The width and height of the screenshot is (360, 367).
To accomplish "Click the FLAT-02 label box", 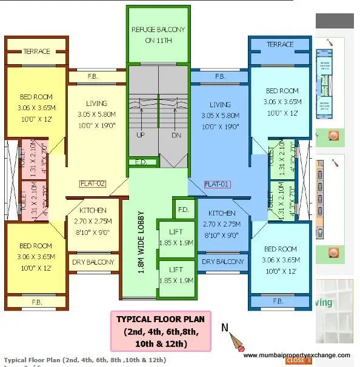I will tap(93, 183).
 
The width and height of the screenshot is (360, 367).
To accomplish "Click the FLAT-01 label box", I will tap(218, 184).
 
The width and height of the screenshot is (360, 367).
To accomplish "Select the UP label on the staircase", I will tap(141, 135).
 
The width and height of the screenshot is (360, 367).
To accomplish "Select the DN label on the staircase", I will tap(176, 135).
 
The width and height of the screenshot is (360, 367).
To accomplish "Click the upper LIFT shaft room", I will tap(176, 238).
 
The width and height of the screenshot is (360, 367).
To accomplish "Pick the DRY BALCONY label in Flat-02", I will tap(93, 262).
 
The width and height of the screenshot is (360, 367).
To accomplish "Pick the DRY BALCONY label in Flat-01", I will tap(222, 262).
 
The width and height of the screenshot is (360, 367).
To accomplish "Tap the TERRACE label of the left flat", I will tap(37, 51).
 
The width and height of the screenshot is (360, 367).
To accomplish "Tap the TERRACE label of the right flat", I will tap(280, 44).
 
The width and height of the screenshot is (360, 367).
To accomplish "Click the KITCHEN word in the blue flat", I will tap(222, 213).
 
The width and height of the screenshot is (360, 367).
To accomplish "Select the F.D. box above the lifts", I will tap(182, 209).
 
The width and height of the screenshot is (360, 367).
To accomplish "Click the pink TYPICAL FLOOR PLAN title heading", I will tap(160, 319).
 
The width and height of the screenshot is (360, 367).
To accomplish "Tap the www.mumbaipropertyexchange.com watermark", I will tap(296, 355).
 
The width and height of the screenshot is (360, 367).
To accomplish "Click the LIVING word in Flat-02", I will tap(92, 104).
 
